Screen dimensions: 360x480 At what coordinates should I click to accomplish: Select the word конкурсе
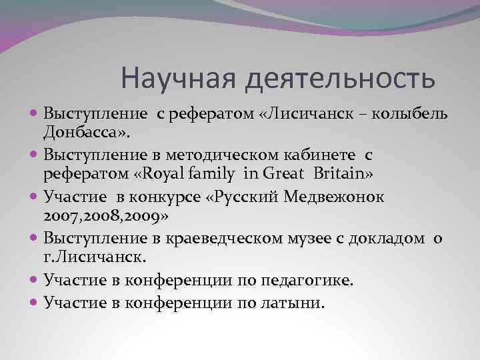click(161, 197)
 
